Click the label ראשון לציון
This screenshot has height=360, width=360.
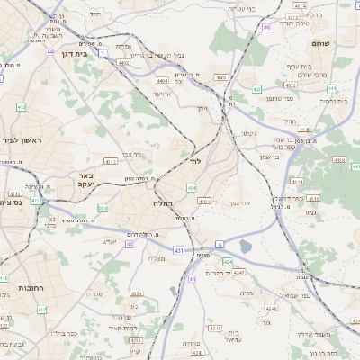pyautogui.click(x=22, y=139)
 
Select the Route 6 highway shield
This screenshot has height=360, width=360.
pyautogui.click(x=220, y=244)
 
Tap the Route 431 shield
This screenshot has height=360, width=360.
pyautogui.click(x=179, y=250)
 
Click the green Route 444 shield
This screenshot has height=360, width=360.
pyautogui.click(x=333, y=87)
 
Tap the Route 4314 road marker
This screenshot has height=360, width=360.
pyautogui.click(x=137, y=293)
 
